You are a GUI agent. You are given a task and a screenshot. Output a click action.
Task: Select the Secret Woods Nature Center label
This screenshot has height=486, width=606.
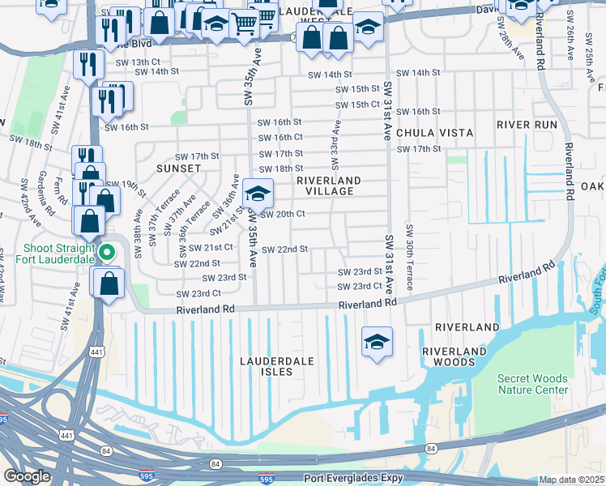[532, 384]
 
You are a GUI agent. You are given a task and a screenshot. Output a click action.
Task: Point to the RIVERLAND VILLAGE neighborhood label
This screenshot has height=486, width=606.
[328, 185]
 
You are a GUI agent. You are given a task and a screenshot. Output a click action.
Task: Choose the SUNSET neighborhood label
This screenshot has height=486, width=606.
[178, 168]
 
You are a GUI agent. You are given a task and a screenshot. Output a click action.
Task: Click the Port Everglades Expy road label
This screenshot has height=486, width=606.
[353, 478]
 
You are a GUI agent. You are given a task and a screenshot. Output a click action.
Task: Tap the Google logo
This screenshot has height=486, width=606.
[27, 476]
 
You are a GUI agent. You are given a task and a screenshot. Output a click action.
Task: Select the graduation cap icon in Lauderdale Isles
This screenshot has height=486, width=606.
[377, 340]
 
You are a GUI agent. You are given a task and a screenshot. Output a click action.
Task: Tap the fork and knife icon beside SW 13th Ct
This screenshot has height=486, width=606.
[87, 64]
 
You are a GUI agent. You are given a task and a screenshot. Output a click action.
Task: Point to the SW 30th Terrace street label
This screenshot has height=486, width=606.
[410, 258]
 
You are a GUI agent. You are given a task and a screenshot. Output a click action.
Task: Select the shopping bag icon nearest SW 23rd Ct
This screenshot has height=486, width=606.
[108, 283]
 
